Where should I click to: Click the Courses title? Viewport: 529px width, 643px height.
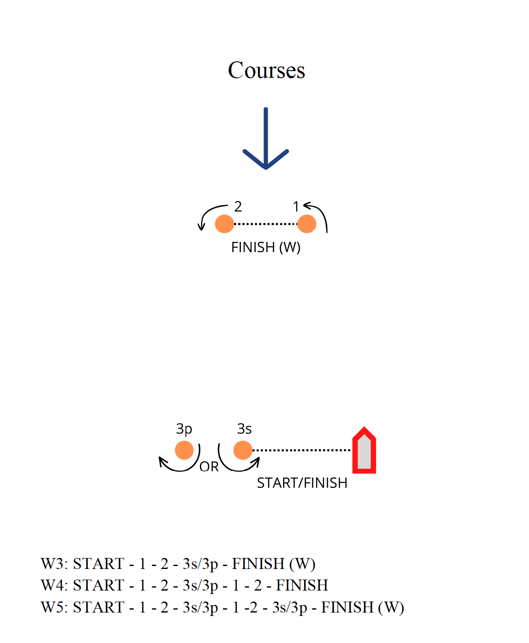266,70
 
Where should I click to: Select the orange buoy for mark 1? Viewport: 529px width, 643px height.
307,224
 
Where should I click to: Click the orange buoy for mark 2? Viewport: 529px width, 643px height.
224,224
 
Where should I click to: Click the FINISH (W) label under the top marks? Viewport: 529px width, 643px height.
265,247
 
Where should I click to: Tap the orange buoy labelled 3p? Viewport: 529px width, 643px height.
184,450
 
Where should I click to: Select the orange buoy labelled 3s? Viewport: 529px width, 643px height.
243,450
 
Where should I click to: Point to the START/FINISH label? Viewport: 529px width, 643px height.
302,483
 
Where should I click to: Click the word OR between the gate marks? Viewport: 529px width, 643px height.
209,467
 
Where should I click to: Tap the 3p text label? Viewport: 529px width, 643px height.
184,429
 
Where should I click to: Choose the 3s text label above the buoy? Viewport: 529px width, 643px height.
244,429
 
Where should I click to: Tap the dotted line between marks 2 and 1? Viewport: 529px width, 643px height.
265,224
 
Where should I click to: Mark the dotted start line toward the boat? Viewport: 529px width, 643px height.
302,450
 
